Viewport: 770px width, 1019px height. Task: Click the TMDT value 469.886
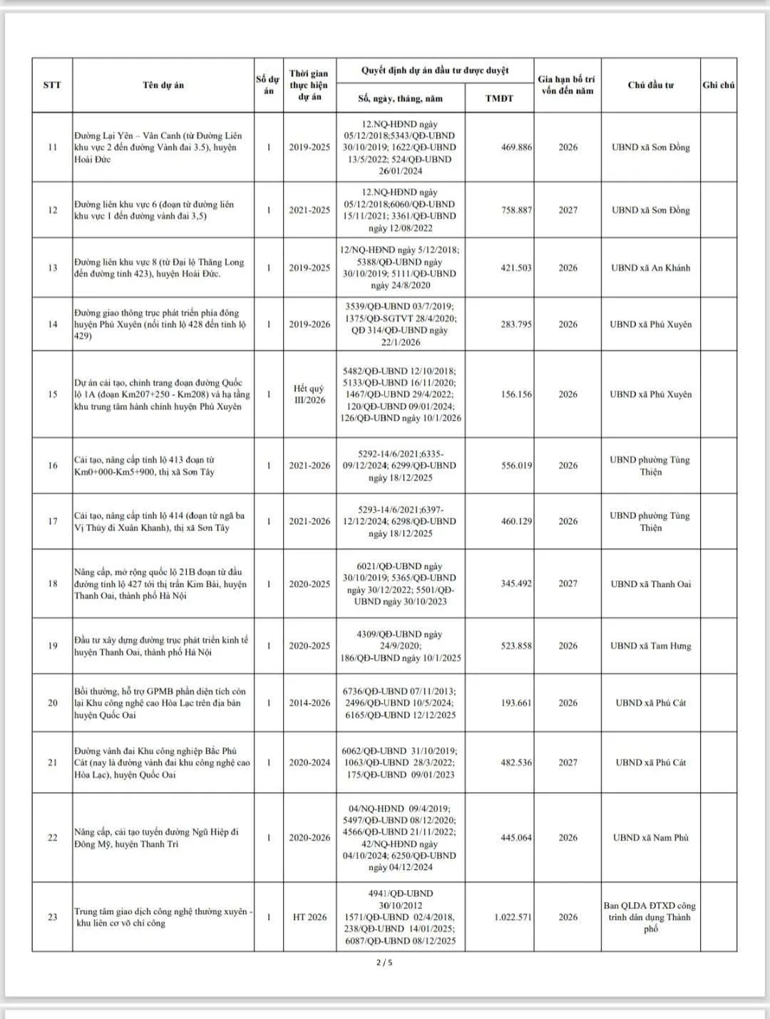click(515, 148)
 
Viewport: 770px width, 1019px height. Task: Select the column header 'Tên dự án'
click(163, 85)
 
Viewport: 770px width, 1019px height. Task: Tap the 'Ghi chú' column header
click(718, 85)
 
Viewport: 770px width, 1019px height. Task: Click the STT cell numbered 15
click(52, 394)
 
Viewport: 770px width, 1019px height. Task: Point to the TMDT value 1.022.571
click(513, 917)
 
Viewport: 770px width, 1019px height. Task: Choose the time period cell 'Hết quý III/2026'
click(309, 394)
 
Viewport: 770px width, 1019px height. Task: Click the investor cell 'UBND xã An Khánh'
click(650, 268)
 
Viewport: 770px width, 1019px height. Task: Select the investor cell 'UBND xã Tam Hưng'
click(650, 646)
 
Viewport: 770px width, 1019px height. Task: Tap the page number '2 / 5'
click(384, 963)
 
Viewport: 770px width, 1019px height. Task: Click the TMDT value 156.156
click(515, 394)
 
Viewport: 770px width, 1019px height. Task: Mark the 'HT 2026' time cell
click(309, 917)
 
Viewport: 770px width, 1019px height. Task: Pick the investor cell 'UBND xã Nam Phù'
click(650, 838)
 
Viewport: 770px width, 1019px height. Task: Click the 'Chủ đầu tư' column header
click(650, 85)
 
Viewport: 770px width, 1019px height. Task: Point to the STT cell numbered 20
click(52, 703)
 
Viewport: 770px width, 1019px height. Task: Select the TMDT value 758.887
click(515, 210)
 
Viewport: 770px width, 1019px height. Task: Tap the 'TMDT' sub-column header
click(499, 98)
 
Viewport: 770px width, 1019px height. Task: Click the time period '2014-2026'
click(309, 703)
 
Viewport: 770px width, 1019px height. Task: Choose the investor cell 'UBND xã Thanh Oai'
click(650, 584)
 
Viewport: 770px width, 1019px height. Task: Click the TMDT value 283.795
click(515, 324)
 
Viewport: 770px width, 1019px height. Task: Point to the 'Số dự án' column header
click(268, 85)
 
